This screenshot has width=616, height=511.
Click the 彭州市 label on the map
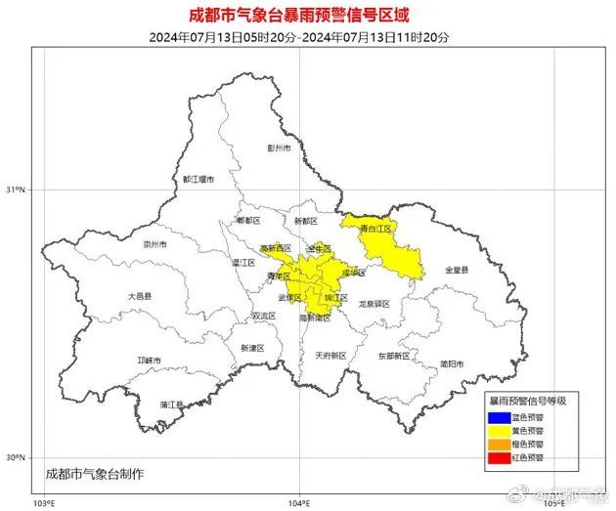click(281, 149)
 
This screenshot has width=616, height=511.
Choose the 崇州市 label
click(155, 244)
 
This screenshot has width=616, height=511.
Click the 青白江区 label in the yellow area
click(375, 229)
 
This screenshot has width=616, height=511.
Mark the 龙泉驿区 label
click(374, 304)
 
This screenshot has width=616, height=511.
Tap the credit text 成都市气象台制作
click(95, 473)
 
